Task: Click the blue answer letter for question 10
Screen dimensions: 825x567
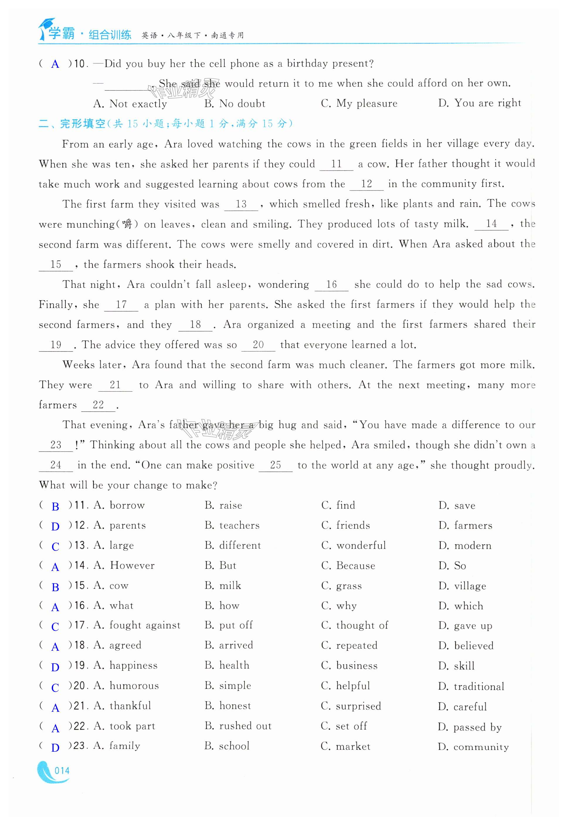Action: (x=55, y=64)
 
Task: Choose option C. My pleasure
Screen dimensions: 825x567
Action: (x=359, y=104)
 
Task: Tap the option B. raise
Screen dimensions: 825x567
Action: (x=223, y=506)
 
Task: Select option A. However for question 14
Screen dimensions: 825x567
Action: (x=124, y=566)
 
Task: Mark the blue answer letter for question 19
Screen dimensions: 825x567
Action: (x=55, y=667)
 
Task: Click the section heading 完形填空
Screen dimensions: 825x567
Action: (x=82, y=124)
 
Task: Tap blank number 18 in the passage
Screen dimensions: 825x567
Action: (x=195, y=324)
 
